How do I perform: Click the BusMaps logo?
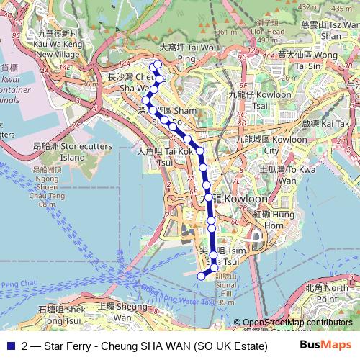(x=325, y=345)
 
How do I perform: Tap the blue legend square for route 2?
(x=9, y=346)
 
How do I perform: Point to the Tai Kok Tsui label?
(x=165, y=157)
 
